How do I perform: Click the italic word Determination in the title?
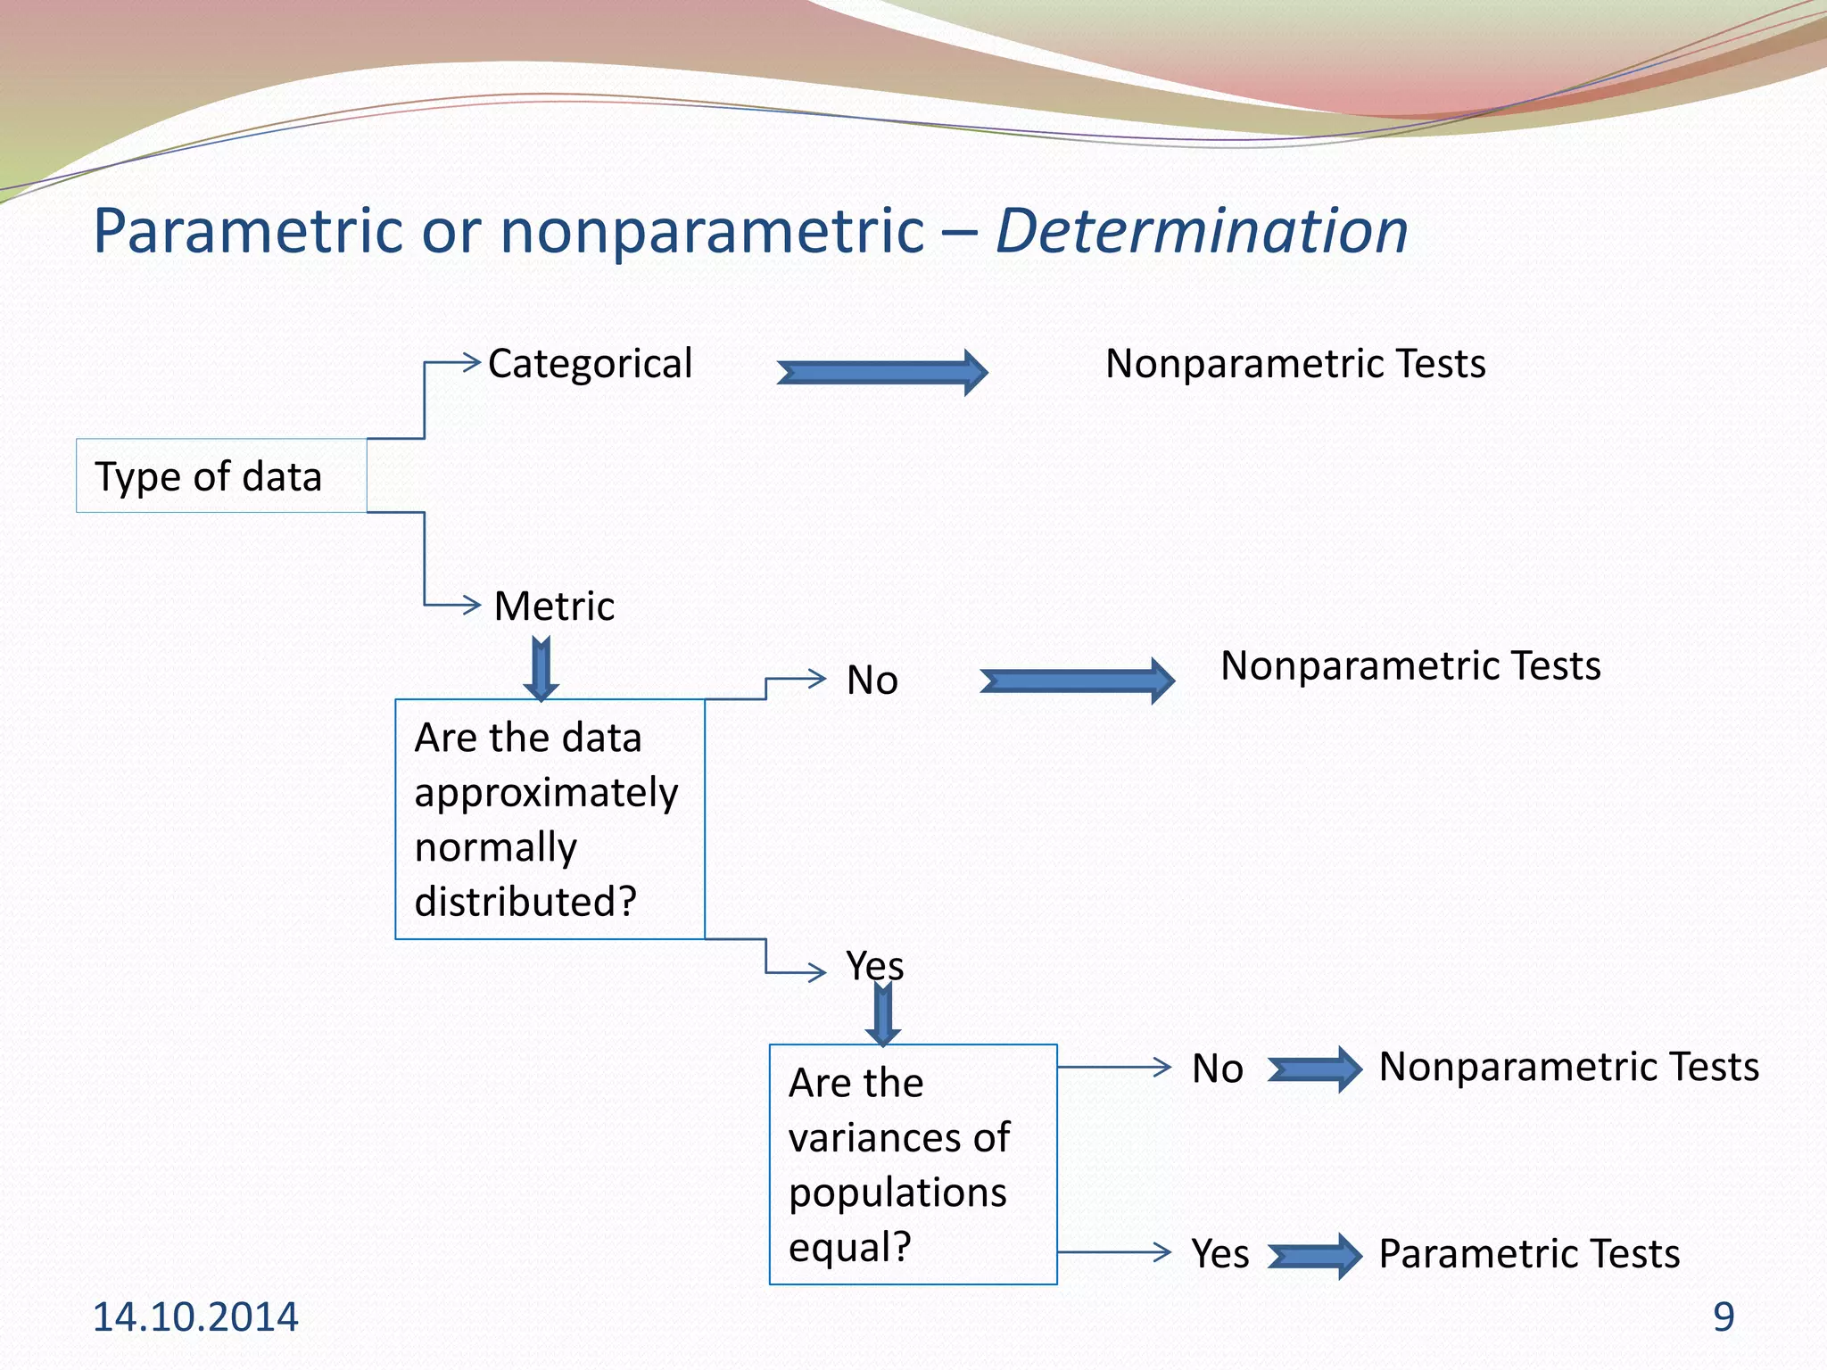[x=1201, y=232]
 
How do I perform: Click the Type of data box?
[x=220, y=476]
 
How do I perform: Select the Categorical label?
[x=590, y=364]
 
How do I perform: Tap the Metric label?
[x=554, y=607]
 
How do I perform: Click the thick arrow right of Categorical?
[x=882, y=372]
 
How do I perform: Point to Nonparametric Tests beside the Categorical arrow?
[x=1295, y=364]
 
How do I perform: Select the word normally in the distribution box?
[x=495, y=847]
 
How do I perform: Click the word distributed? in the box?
[x=525, y=902]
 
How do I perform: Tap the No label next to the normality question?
[x=872, y=681]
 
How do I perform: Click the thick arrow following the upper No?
[x=1077, y=681]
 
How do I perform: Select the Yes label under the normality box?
[x=874, y=966]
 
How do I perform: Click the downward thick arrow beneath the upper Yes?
[x=882, y=1015]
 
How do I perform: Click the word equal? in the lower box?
[x=849, y=1247]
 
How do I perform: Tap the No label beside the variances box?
[x=1217, y=1069]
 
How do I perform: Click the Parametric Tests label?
[x=1529, y=1254]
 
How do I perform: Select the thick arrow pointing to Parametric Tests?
[x=1314, y=1256]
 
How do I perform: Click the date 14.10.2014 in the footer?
[x=195, y=1317]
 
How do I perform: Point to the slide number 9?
[x=1724, y=1317]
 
